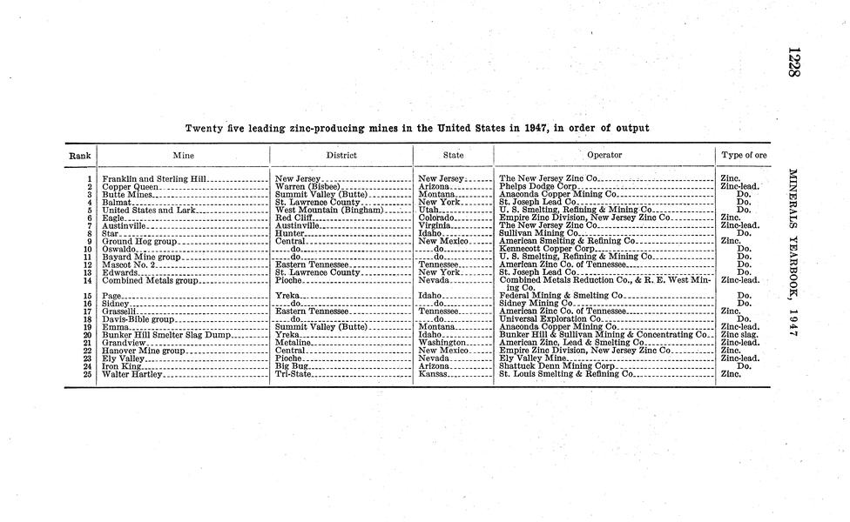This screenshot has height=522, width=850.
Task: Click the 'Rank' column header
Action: (79, 156)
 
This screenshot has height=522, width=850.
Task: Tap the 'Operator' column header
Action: (604, 156)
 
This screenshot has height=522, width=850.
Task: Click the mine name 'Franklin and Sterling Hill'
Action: (155, 178)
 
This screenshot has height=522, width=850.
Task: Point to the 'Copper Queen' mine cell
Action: (131, 186)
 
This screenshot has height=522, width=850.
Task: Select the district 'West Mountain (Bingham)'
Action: (328, 210)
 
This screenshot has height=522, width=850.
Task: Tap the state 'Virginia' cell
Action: (435, 225)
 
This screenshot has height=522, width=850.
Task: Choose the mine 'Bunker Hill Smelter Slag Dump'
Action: (165, 335)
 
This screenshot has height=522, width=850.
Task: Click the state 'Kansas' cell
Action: (433, 374)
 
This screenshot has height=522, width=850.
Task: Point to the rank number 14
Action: (87, 280)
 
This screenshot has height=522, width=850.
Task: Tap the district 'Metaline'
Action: (293, 343)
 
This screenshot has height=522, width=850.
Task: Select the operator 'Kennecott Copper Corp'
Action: (547, 249)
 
